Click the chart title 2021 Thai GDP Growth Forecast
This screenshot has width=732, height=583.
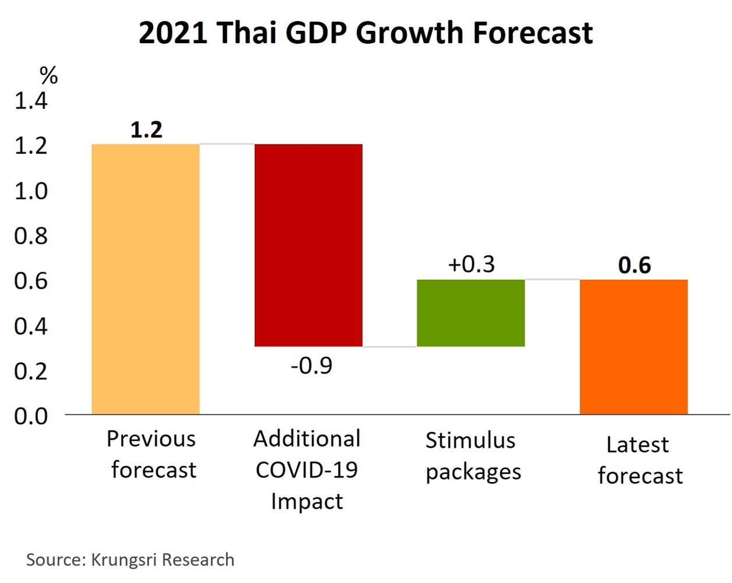coord(365,33)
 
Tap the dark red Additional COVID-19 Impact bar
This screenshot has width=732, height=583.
coord(308,245)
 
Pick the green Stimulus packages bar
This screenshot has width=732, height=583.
coord(471,313)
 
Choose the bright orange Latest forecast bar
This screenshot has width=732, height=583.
coord(634,347)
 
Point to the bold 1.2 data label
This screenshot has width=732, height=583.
coord(146,130)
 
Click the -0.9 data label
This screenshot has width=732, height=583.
coord(312,366)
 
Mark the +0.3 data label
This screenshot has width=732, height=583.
coord(471,264)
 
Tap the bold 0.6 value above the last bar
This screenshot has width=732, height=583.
coord(634,265)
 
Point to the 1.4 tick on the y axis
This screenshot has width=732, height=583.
coord(31,101)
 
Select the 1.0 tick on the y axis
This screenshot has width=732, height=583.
coord(31,191)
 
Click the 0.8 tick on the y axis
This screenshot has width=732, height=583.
coord(31,236)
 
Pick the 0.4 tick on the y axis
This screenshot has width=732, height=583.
coord(31,326)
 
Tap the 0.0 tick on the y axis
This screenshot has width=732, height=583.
coord(31,416)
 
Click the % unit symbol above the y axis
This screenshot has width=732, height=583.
coord(49,75)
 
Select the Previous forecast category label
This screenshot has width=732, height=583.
coord(152,454)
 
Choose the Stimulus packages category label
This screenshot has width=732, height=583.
coord(472,456)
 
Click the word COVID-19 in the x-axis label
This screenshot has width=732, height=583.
coord(307,470)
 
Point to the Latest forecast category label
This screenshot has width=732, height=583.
coord(639,460)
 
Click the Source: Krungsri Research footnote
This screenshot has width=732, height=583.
coord(130,560)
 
